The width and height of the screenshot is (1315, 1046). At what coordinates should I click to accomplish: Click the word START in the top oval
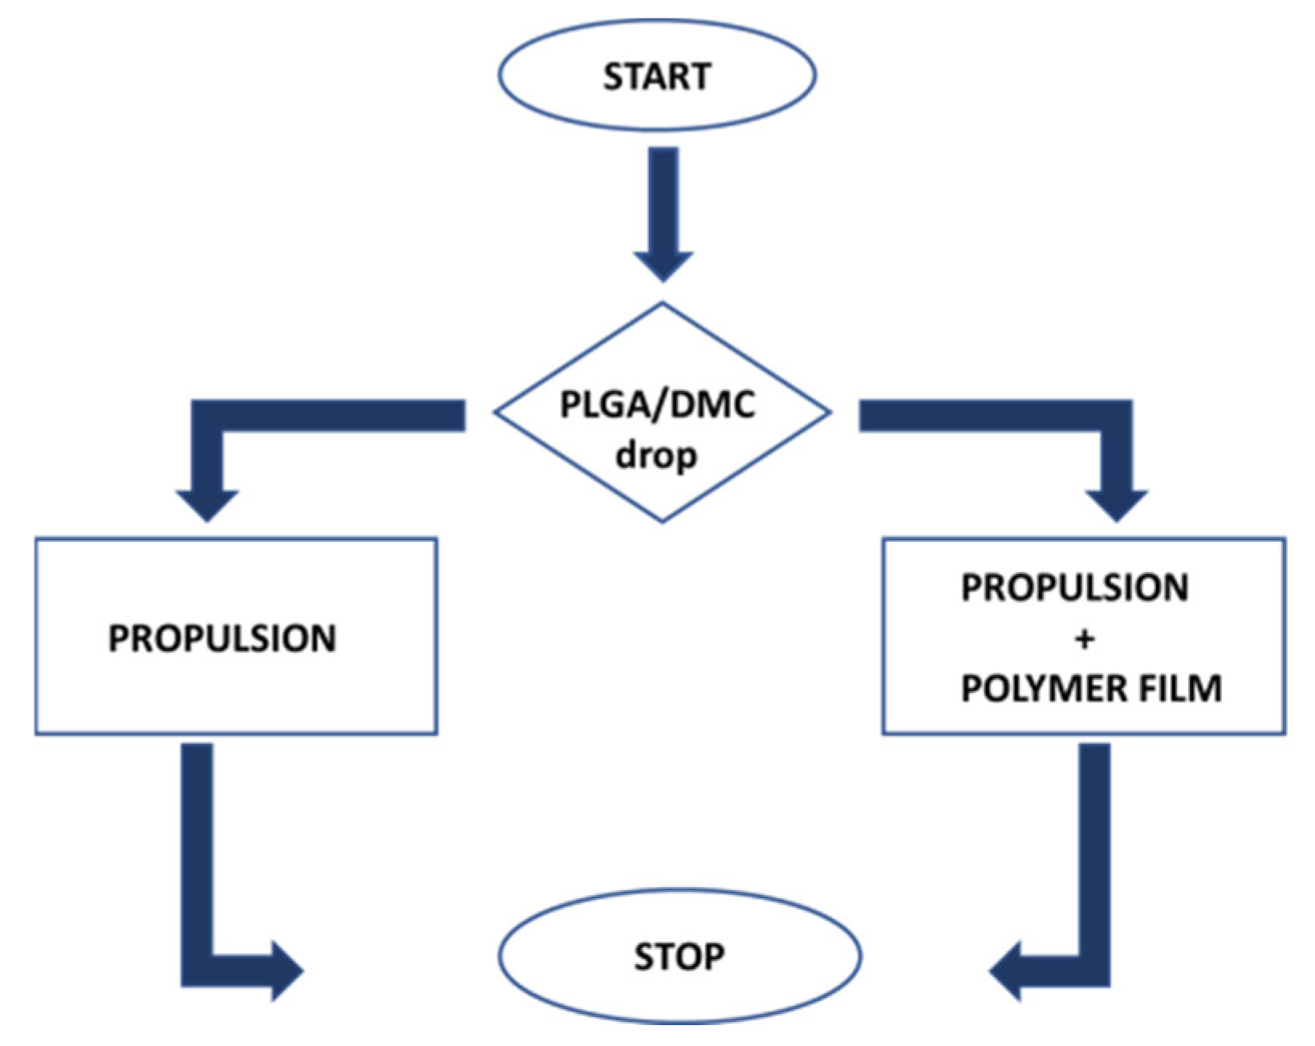click(656, 76)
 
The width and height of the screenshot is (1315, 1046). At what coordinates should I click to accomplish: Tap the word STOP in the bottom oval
click(679, 956)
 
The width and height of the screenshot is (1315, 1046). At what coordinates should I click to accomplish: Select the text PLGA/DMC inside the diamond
click(657, 404)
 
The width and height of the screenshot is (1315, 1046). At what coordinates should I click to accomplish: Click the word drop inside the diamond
click(656, 456)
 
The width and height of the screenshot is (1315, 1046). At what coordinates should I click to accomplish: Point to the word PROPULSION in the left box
click(222, 638)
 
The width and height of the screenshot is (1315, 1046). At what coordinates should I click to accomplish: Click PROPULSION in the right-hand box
click(1074, 588)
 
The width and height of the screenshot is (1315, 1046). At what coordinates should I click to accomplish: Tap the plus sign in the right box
click(1084, 639)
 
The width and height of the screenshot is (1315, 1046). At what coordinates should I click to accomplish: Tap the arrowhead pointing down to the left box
click(207, 504)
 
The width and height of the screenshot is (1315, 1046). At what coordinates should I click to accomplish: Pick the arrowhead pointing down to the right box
click(1117, 504)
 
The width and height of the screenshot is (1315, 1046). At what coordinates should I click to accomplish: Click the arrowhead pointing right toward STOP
click(285, 971)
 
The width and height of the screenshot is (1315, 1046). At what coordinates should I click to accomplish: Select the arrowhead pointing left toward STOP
click(1009, 971)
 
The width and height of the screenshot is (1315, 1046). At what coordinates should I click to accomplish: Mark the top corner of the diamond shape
click(663, 304)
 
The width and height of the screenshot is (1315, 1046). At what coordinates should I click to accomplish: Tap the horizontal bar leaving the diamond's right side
click(979, 415)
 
